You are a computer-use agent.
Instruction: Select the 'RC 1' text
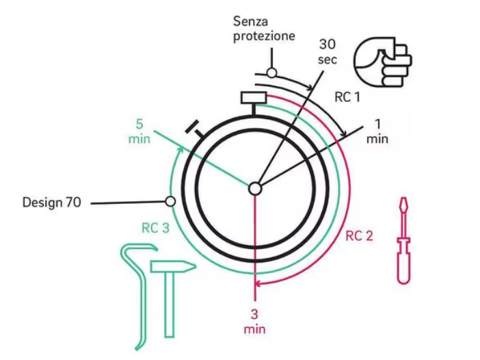(x=347, y=97)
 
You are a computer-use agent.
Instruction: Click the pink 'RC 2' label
(x=359, y=236)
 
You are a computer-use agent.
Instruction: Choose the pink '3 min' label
(x=254, y=322)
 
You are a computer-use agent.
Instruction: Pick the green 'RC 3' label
(x=155, y=229)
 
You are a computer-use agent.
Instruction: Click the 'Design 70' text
(x=52, y=203)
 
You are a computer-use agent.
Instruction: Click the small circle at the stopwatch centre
(x=255, y=188)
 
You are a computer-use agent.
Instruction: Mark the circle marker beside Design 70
(x=170, y=201)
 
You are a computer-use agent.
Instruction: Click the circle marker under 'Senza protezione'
(x=271, y=73)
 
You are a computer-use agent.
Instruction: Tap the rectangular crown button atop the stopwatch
(x=253, y=98)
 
